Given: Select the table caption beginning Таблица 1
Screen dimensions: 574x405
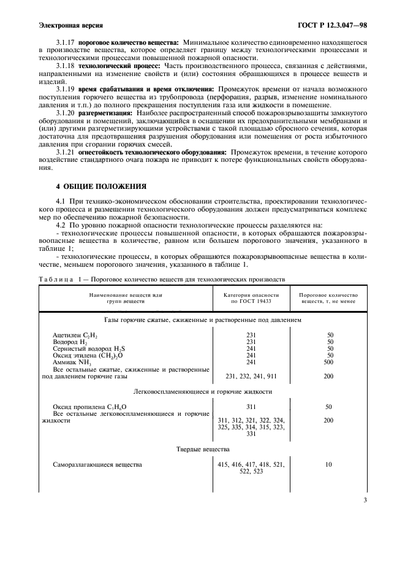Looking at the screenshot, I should click(x=162, y=278).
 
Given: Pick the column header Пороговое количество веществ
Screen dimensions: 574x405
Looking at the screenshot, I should click(x=328, y=299).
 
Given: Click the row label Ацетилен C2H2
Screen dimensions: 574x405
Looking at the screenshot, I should click(x=75, y=335).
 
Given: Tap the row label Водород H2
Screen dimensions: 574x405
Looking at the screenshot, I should click(x=71, y=342).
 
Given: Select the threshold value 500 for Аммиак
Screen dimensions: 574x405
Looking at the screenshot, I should click(x=328, y=362).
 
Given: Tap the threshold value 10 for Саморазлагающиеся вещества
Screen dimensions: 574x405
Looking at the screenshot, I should click(x=328, y=465).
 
